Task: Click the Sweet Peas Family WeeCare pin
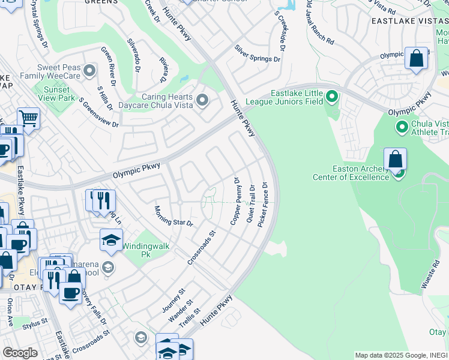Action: [x=89, y=71]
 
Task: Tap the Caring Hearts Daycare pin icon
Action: [x=202, y=100]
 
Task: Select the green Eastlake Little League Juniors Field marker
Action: [x=331, y=96]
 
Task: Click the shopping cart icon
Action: [x=28, y=118]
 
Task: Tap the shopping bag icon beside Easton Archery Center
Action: [x=395, y=160]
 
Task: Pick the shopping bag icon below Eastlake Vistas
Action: [x=416, y=59]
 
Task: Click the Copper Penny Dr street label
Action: [x=235, y=201]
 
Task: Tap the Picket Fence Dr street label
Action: [x=262, y=205]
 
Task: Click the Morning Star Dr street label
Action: [x=173, y=216]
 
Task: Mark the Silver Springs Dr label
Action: [x=258, y=53]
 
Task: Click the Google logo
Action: [x=20, y=352]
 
